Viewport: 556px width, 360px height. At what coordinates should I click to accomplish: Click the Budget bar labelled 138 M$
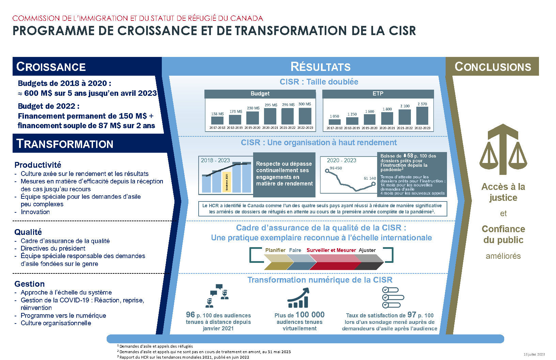217,120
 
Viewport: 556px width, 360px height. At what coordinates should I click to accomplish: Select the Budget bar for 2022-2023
305,116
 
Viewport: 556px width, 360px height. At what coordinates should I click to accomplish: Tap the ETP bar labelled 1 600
370,119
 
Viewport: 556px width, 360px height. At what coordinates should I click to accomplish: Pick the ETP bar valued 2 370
422,116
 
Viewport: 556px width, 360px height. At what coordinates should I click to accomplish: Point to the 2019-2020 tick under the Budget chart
252,128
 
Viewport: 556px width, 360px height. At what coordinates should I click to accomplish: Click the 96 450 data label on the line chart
336,168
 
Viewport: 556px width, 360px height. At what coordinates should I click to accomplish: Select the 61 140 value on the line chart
370,178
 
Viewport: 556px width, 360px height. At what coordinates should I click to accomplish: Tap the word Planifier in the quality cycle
275,250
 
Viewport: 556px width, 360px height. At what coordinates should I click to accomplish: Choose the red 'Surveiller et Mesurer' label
331,250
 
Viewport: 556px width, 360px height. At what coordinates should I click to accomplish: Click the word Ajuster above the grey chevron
367,250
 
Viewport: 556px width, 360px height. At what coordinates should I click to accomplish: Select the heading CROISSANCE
51,67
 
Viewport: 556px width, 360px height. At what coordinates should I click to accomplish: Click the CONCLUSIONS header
493,67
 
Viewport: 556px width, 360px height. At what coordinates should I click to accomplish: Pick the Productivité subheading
38,165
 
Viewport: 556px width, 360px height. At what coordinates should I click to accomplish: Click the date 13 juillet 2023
534,355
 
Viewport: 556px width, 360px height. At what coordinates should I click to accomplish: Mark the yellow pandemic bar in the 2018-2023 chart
227,182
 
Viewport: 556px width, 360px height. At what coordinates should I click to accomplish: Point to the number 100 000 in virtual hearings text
310,315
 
